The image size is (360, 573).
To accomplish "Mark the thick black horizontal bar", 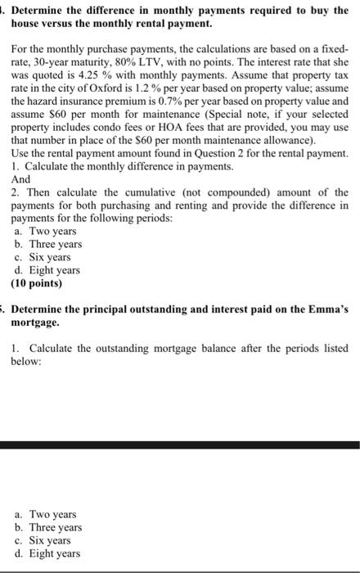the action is click(180, 444).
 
